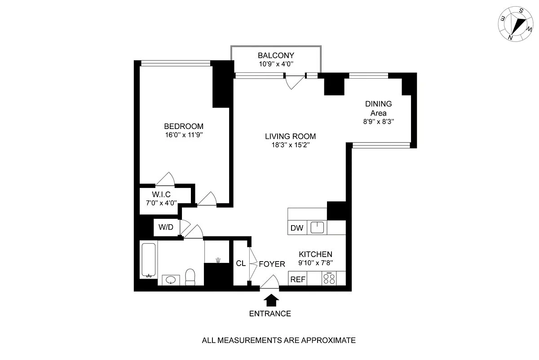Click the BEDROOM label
(184, 126)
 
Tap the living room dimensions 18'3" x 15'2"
(291, 145)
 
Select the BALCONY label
(276, 56)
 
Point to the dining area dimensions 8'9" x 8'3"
(379, 122)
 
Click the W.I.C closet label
(161, 194)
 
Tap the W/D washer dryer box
(166, 227)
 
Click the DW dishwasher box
(297, 228)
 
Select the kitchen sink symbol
(317, 227)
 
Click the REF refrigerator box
(298, 279)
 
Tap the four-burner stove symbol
(329, 279)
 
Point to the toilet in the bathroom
(190, 277)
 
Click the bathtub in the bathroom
(149, 260)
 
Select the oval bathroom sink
(171, 280)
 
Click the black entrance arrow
(271, 300)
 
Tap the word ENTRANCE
(270, 314)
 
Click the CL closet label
(241, 263)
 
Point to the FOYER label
(272, 264)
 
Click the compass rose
(516, 24)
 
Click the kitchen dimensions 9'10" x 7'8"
(315, 263)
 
